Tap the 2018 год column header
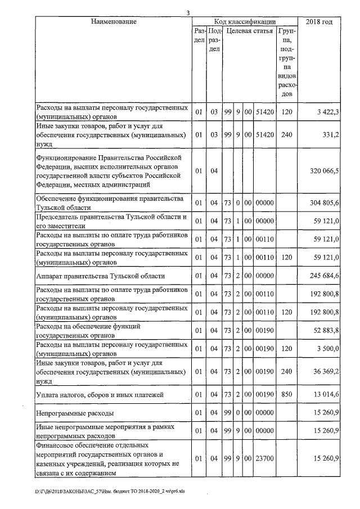point(318,21)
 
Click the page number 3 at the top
point(188,13)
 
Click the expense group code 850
point(287,395)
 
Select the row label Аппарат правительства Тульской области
point(101,276)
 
